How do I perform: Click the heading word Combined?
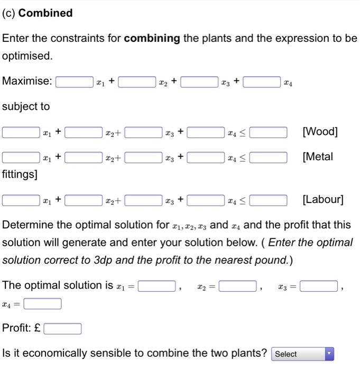click(45, 13)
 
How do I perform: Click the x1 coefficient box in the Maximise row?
click(75, 82)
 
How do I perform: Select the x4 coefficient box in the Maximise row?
click(262, 82)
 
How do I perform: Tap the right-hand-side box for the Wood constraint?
click(269, 132)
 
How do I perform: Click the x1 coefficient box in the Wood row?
click(21, 132)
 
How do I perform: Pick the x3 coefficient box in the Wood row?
click(143, 132)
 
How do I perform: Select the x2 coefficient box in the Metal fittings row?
click(84, 157)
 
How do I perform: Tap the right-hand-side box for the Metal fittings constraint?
click(269, 157)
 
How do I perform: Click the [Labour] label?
click(322, 200)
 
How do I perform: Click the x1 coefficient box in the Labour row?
click(21, 200)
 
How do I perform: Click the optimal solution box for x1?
click(156, 286)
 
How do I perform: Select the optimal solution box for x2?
click(238, 286)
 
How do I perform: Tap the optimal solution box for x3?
click(319, 286)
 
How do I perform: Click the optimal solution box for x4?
click(42, 304)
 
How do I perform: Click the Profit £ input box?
click(62, 329)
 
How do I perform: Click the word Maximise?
click(27, 81)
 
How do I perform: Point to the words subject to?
click(26, 106)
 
